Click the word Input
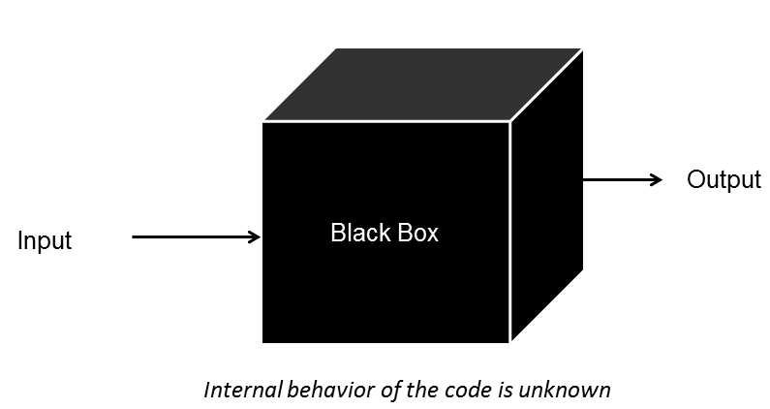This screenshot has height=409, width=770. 45,240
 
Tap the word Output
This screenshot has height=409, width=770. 724,180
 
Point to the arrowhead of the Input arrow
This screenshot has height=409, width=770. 256,236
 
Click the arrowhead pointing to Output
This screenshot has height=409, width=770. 656,179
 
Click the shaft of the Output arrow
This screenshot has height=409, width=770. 615,179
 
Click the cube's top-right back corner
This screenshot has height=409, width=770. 582,49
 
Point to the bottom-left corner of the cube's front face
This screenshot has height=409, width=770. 263,341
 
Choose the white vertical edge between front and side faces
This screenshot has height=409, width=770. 510,233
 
